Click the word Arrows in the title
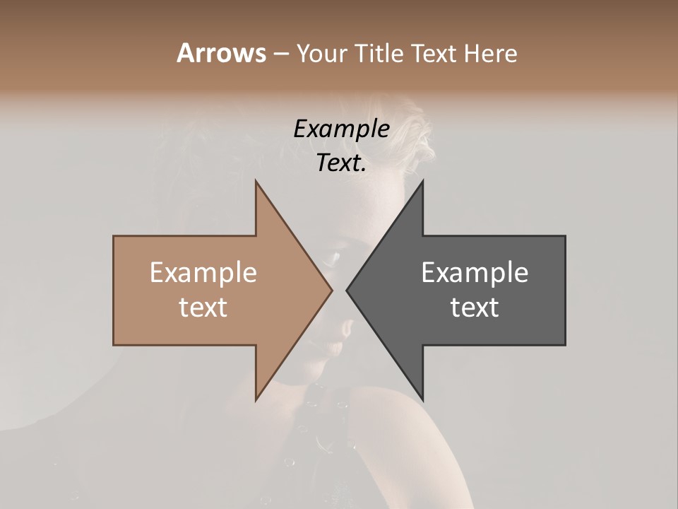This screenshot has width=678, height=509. [221, 53]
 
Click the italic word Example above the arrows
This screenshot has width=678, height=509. [341, 129]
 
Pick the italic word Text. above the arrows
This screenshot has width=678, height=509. [341, 163]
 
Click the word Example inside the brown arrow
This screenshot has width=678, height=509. [203, 273]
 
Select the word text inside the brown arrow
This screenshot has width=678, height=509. [203, 308]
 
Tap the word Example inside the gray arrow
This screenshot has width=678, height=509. [475, 273]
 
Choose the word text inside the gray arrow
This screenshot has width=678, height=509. [475, 308]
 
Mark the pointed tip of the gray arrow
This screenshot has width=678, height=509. [347, 290]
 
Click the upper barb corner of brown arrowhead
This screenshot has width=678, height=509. [256, 181]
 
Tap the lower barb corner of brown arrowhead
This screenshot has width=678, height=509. [256, 400]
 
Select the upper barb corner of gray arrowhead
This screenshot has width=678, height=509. [422, 181]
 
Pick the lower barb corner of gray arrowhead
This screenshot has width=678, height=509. [422, 400]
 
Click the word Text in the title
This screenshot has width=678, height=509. [432, 54]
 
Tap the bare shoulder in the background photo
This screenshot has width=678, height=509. [403, 438]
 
